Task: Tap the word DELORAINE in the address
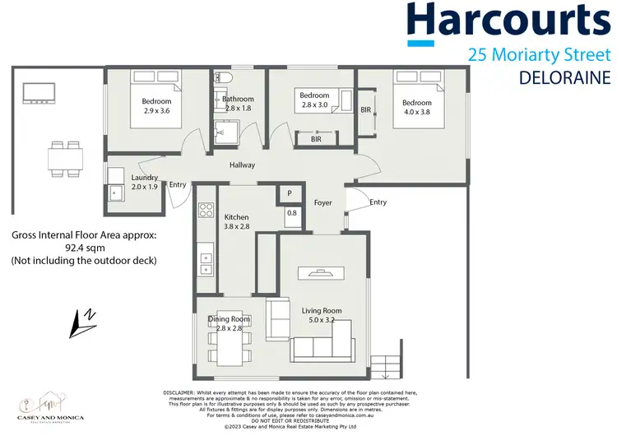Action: tap(565, 78)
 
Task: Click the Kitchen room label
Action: tap(236, 217)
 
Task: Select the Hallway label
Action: tap(243, 165)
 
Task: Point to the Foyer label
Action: tap(322, 202)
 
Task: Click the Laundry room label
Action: tap(145, 177)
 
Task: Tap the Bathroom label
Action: tap(239, 100)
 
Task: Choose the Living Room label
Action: tap(321, 310)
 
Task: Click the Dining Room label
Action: tap(229, 319)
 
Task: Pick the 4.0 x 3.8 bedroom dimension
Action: tap(416, 113)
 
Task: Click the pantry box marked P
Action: tap(290, 193)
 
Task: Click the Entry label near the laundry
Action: tap(178, 184)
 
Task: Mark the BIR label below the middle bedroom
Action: tap(316, 140)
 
